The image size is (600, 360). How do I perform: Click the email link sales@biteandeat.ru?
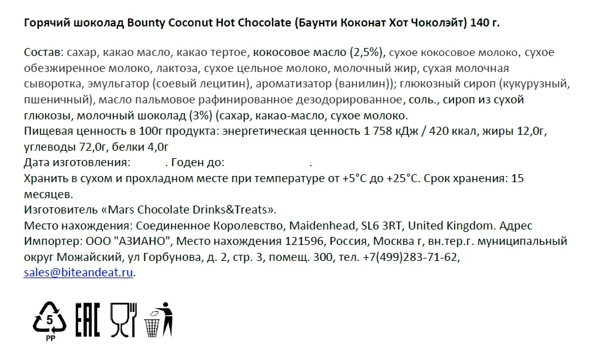point(79,273)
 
